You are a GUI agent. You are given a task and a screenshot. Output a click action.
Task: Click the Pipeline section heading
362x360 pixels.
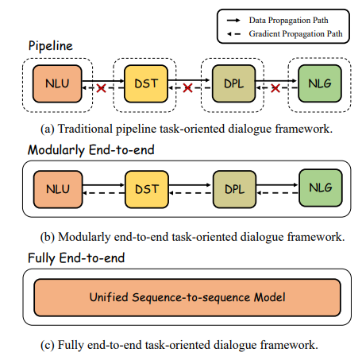[51, 46]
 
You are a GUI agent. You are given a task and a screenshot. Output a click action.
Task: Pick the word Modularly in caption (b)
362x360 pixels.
[81, 236]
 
